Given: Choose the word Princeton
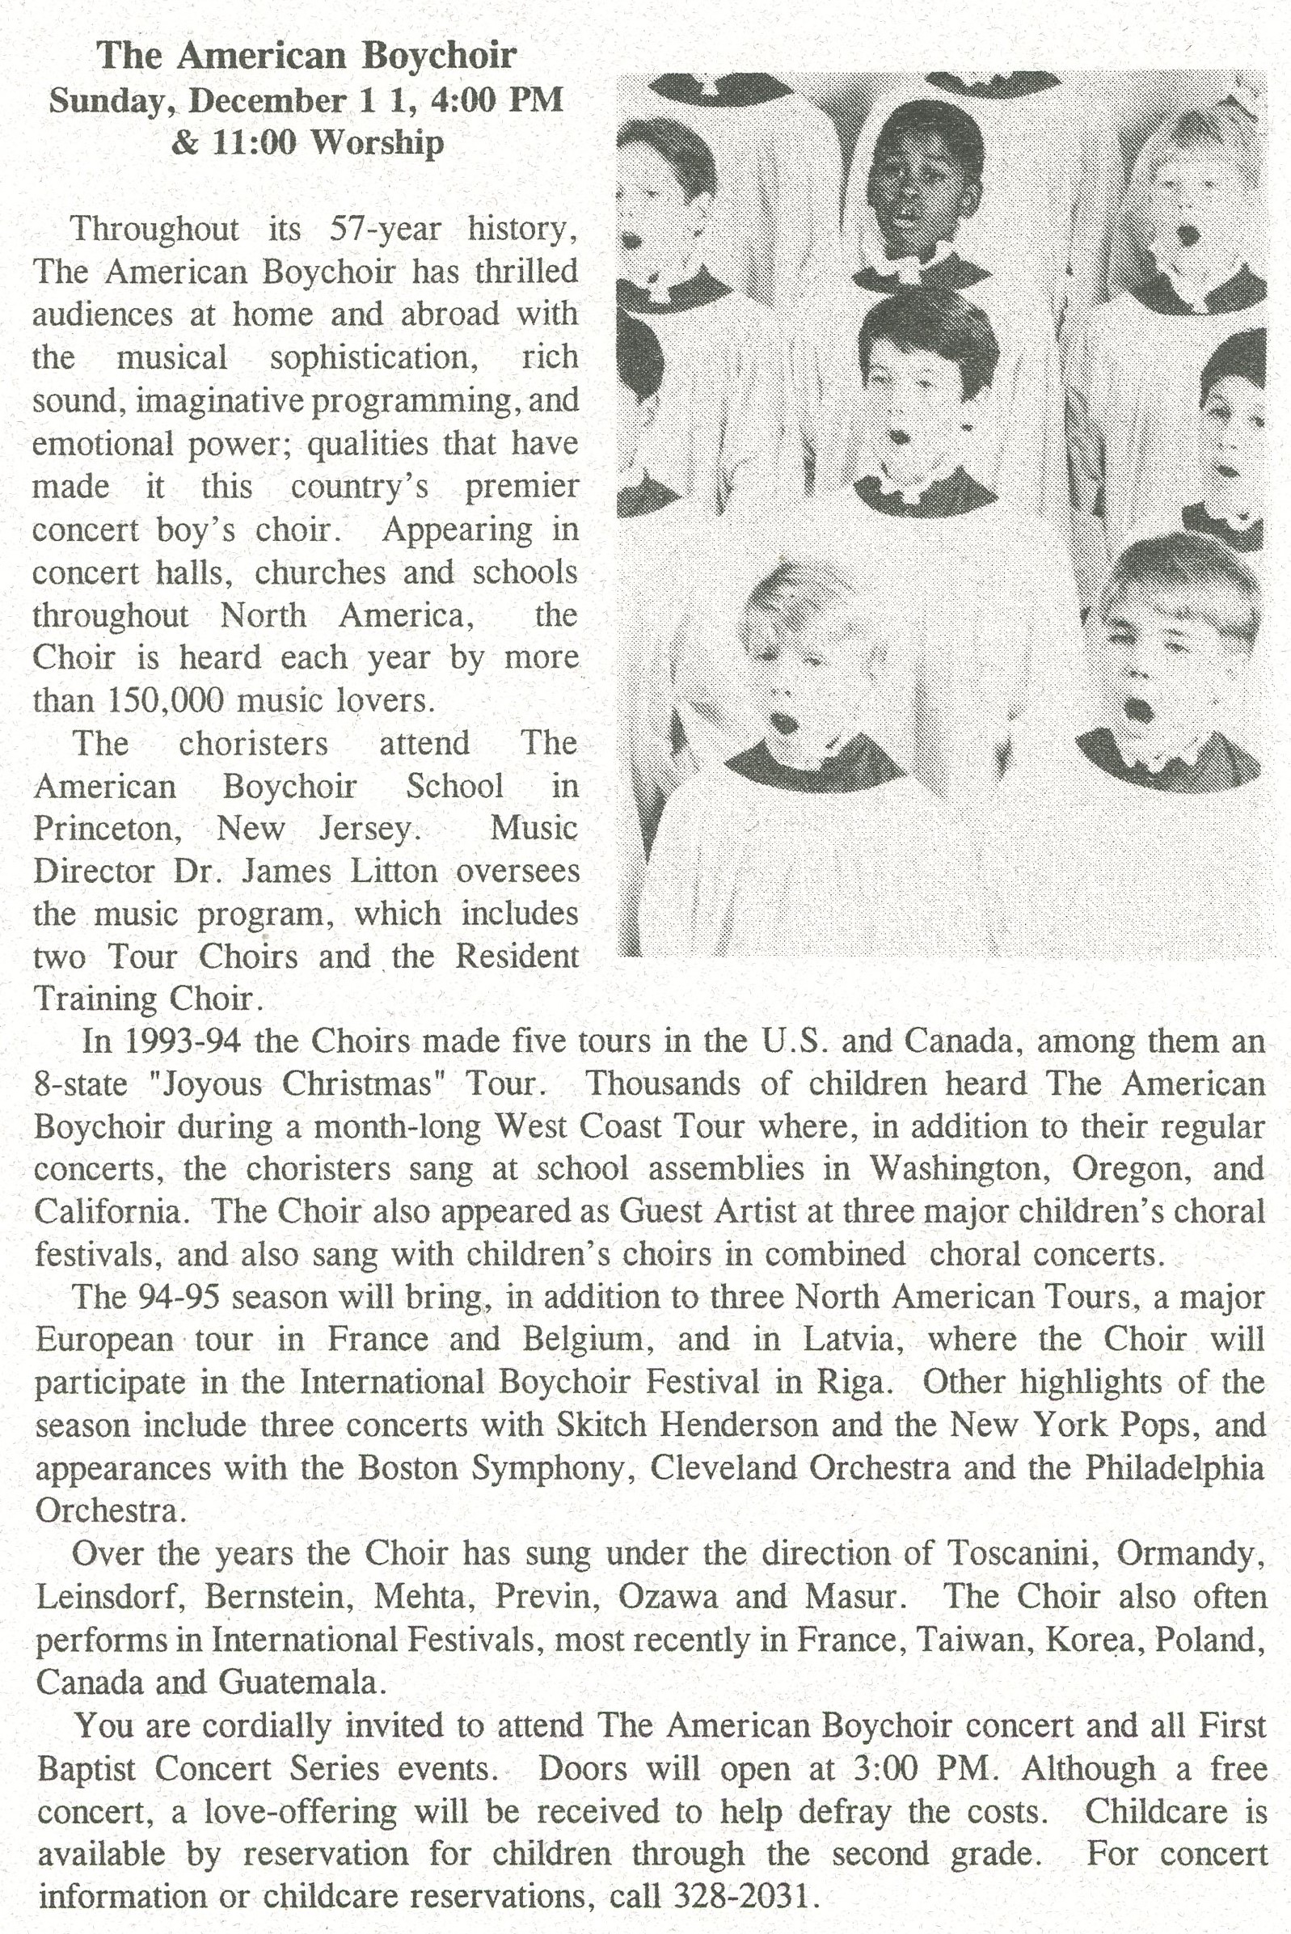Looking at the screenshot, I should click(107, 829).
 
